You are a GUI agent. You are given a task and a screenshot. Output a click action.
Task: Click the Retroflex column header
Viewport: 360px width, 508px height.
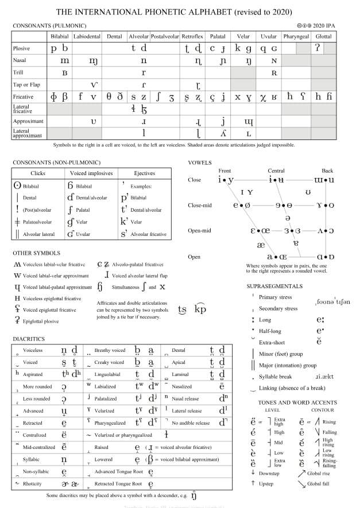(x=192, y=36)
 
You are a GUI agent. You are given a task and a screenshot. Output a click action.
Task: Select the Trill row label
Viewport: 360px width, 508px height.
(x=19, y=73)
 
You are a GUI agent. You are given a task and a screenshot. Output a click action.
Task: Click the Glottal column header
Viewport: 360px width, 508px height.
(x=324, y=36)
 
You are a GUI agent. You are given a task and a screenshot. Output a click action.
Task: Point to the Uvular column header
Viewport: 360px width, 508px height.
(x=269, y=36)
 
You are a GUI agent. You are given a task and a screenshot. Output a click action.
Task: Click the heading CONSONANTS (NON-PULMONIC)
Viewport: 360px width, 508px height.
(x=56, y=162)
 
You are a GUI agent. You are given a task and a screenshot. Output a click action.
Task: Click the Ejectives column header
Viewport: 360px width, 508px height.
(x=144, y=173)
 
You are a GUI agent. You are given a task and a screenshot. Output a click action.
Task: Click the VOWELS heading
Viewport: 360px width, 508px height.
(x=200, y=162)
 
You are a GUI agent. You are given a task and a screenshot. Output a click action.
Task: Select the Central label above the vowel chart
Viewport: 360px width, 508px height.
(x=276, y=170)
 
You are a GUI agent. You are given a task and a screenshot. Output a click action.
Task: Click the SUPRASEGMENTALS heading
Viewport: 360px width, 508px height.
(x=274, y=285)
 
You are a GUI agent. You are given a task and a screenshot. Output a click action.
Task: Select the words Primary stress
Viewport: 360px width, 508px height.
(x=276, y=297)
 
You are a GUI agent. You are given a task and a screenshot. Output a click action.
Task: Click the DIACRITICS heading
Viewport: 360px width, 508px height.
(x=29, y=339)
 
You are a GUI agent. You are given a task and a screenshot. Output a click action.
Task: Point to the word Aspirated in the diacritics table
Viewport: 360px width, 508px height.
(x=33, y=374)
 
